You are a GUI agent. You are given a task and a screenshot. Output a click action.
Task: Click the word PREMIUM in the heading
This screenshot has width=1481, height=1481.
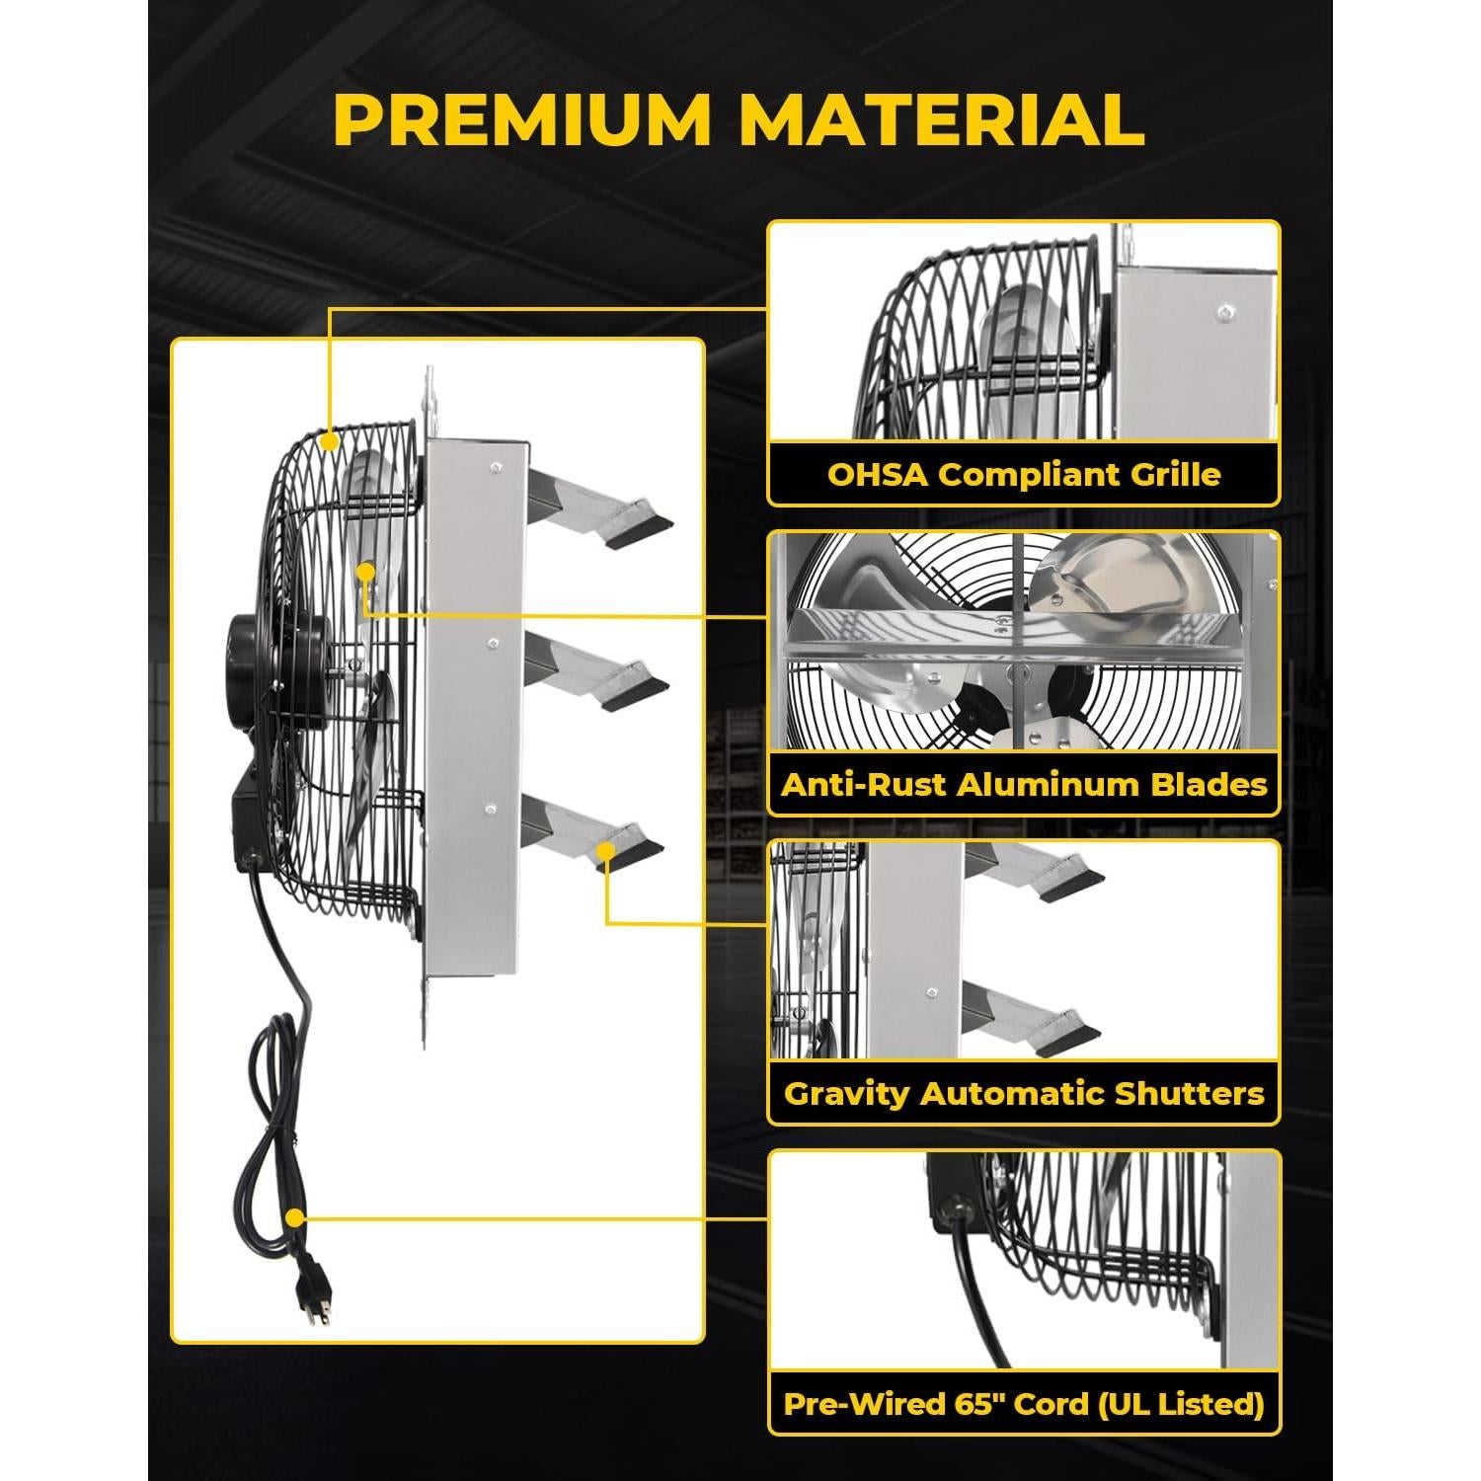click(522, 120)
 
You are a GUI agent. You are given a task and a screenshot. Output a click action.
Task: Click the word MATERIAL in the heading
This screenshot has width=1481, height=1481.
click(942, 120)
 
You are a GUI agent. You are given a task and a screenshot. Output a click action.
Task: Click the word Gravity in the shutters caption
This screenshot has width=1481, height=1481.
click(845, 1093)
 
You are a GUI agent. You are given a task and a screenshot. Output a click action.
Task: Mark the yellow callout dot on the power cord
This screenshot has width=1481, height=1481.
click(293, 1218)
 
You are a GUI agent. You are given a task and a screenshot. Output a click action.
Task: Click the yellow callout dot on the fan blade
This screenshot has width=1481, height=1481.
click(366, 571)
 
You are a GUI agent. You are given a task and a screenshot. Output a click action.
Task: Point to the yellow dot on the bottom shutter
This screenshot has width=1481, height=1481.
click(607, 849)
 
